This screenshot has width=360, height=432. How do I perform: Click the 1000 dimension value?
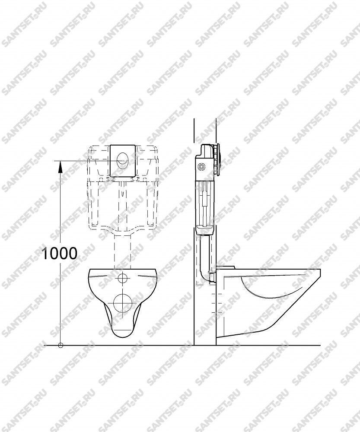point(59,253)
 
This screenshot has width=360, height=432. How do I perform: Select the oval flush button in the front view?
point(122,160)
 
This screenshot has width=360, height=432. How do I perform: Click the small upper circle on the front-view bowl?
point(122,278)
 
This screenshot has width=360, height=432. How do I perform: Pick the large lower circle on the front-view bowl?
point(122,303)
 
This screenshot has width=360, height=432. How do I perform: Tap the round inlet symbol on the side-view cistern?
point(203,166)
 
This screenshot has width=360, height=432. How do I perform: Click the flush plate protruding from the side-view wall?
point(218,159)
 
